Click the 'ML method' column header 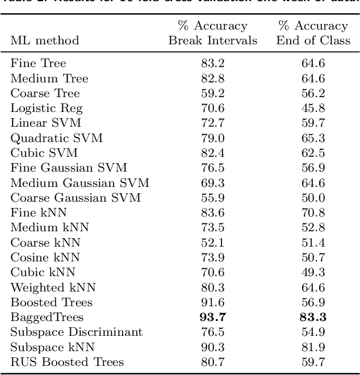coord(44,40)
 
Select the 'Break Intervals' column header coord(212,40)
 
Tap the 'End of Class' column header coord(312,40)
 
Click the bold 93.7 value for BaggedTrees coord(212,317)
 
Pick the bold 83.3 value coord(313,317)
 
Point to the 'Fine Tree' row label coord(38,64)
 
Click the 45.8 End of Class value coord(313,108)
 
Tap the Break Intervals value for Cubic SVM coord(212,153)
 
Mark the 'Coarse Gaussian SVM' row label coord(76,198)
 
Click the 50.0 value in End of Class coord(313,198)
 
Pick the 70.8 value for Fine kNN coord(313,213)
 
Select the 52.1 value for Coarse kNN coord(212,243)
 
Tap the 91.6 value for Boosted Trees coord(212,302)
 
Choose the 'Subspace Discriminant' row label coord(77,332)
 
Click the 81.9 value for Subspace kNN coord(313,347)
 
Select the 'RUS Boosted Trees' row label coord(67,362)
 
